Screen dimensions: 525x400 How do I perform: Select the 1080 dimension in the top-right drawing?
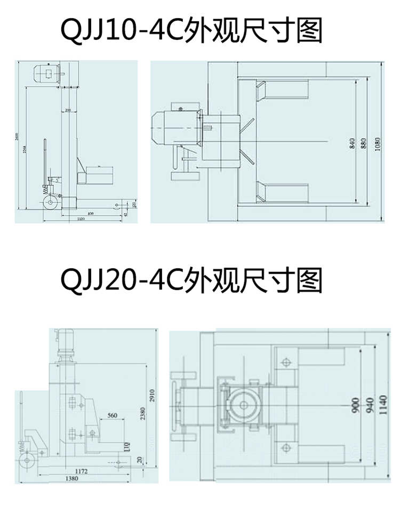[378, 144]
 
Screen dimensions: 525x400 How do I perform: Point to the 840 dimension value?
[352, 144]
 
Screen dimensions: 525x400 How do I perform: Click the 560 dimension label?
[112, 415]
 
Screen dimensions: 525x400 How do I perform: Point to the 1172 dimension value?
[81, 471]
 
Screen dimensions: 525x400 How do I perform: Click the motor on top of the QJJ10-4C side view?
[47, 72]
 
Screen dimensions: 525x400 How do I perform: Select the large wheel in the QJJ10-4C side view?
[51, 203]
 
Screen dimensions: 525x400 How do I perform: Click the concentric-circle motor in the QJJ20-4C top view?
[245, 405]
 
